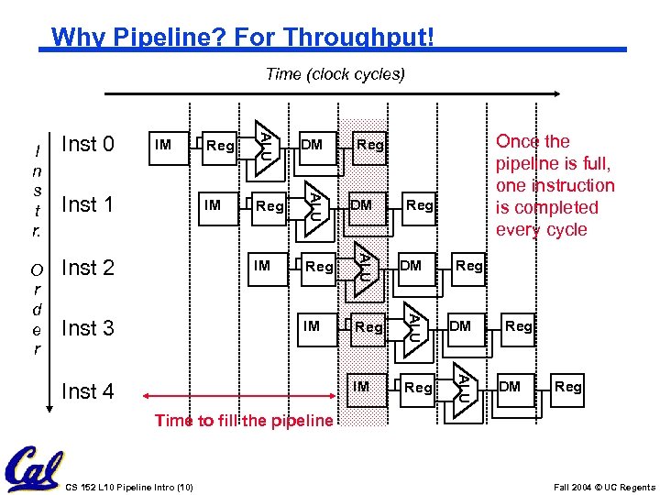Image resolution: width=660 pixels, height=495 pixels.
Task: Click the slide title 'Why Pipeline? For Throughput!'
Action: point(242,38)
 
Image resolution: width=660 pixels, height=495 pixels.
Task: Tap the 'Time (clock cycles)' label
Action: point(335,73)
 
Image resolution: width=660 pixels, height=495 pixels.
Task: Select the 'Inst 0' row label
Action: point(87,144)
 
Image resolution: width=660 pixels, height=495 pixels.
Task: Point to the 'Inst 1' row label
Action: point(87,204)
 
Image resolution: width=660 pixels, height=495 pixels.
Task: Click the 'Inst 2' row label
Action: point(87,268)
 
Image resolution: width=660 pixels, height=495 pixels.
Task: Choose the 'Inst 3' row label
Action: point(87,328)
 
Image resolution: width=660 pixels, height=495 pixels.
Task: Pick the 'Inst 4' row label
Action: point(87,391)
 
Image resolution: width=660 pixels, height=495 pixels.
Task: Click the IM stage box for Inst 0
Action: point(163,144)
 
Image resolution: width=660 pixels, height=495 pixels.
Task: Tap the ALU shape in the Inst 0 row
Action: point(264,144)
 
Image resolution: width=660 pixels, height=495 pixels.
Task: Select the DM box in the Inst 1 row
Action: point(361,205)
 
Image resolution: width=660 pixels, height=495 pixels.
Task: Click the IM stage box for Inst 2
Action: point(262,266)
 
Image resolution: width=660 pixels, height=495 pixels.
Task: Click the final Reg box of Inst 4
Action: point(567,387)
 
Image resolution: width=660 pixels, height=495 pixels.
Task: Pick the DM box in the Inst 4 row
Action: point(510,387)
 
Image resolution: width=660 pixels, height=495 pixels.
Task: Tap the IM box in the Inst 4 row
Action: point(361,387)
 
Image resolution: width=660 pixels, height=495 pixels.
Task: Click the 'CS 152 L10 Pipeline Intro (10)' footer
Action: point(129,486)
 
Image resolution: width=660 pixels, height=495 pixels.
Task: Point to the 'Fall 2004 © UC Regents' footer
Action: point(604,487)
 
